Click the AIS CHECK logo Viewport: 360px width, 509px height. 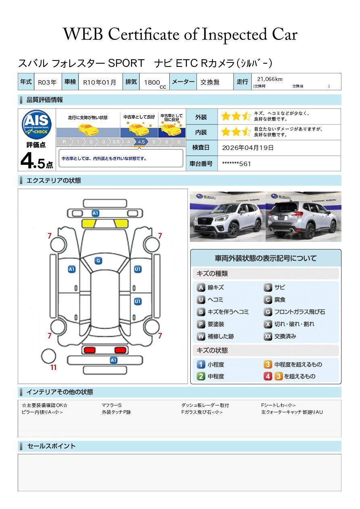(37, 125)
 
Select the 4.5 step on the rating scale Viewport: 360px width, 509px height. (141, 142)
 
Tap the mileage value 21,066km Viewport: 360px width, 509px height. (270, 79)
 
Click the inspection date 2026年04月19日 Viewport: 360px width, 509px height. (248, 148)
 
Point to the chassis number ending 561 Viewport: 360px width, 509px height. (236, 164)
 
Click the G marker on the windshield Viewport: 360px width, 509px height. (98, 261)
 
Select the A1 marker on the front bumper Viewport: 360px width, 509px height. (96, 213)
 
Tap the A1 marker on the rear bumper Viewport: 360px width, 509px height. (113, 360)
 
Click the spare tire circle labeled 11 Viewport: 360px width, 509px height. (48, 356)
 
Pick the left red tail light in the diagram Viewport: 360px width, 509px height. (89, 350)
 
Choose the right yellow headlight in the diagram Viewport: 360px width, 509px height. (121, 224)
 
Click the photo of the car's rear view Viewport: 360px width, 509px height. (304, 216)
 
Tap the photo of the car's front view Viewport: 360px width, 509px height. (228, 216)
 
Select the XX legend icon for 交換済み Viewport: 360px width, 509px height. (268, 336)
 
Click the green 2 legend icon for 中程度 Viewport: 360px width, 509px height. (201, 376)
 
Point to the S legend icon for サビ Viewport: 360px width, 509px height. (268, 287)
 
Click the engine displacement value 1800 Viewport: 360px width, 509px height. (152, 83)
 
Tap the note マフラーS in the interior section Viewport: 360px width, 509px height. (112, 405)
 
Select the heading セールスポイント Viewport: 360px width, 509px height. (51, 446)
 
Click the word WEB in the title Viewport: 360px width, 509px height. (83, 34)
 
